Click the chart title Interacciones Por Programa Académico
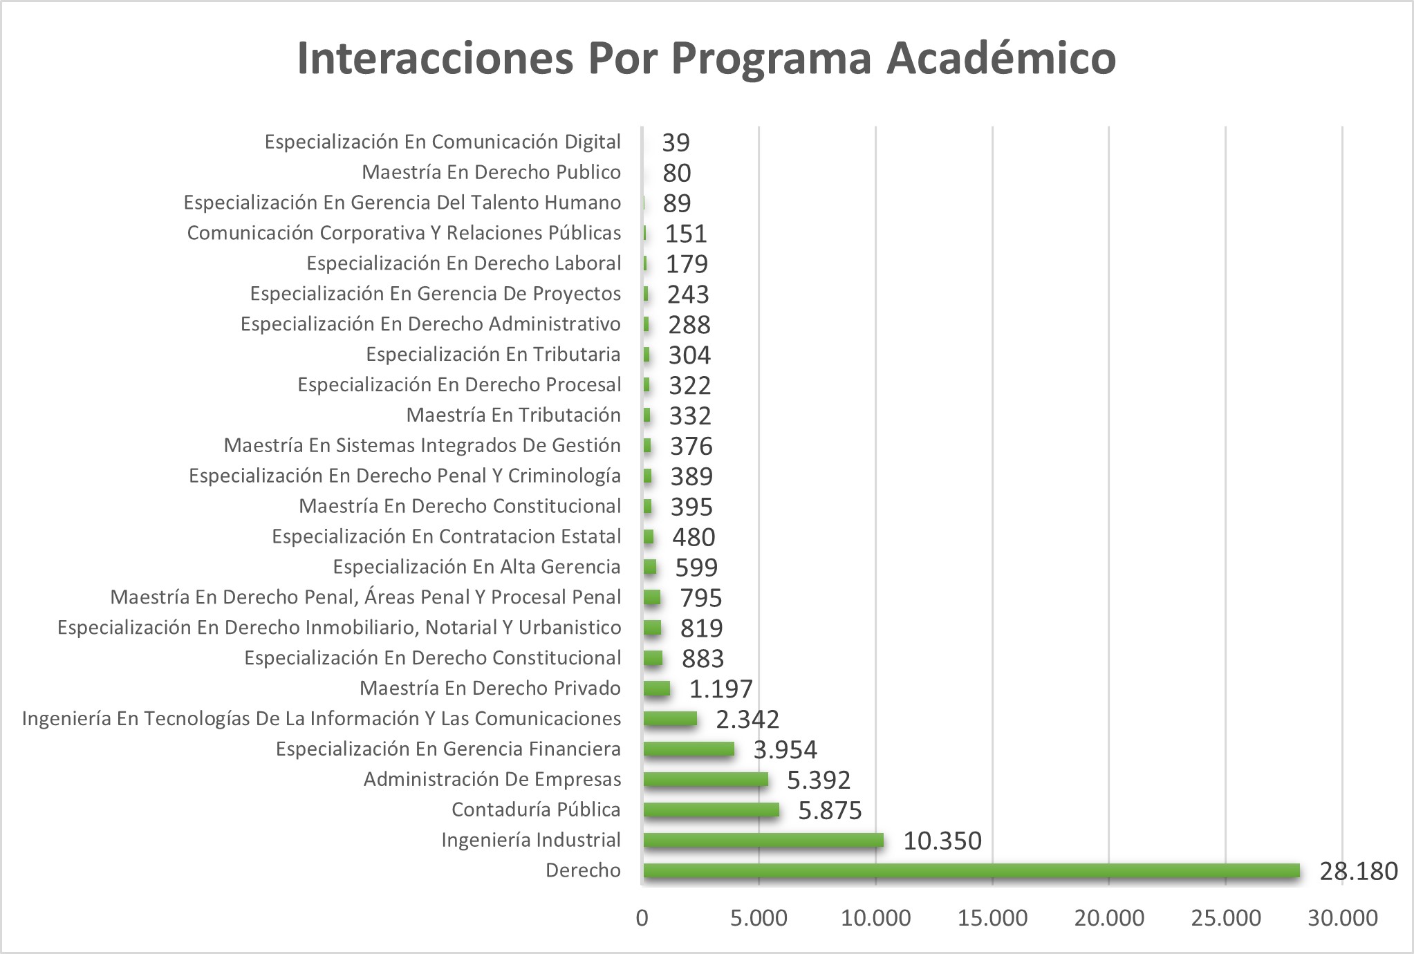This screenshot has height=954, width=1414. click(706, 58)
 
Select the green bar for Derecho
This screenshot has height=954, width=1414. click(971, 870)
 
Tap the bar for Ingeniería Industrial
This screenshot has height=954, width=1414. click(763, 840)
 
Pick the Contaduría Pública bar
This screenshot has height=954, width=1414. click(711, 810)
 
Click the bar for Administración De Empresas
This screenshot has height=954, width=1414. click(705, 779)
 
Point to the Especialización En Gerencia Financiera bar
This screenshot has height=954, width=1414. click(689, 749)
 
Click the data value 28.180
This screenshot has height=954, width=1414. click(1359, 871)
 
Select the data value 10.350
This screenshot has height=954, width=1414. click(942, 841)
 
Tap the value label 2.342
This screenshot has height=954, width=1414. click(747, 719)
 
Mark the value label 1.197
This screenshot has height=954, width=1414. click(720, 689)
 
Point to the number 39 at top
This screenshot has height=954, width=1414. click(676, 142)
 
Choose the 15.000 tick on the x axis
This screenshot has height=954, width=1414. click(992, 918)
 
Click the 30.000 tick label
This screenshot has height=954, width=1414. click(1343, 918)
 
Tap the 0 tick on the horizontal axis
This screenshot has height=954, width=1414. click(642, 918)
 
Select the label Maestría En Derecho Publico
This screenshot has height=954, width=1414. click(491, 172)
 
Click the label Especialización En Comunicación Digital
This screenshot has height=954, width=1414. click(443, 142)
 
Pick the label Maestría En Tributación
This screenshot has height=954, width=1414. click(513, 415)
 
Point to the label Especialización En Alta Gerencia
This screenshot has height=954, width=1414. click(476, 567)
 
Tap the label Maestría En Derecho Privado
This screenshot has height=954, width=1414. click(490, 689)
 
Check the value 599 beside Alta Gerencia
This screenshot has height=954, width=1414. click(696, 568)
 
